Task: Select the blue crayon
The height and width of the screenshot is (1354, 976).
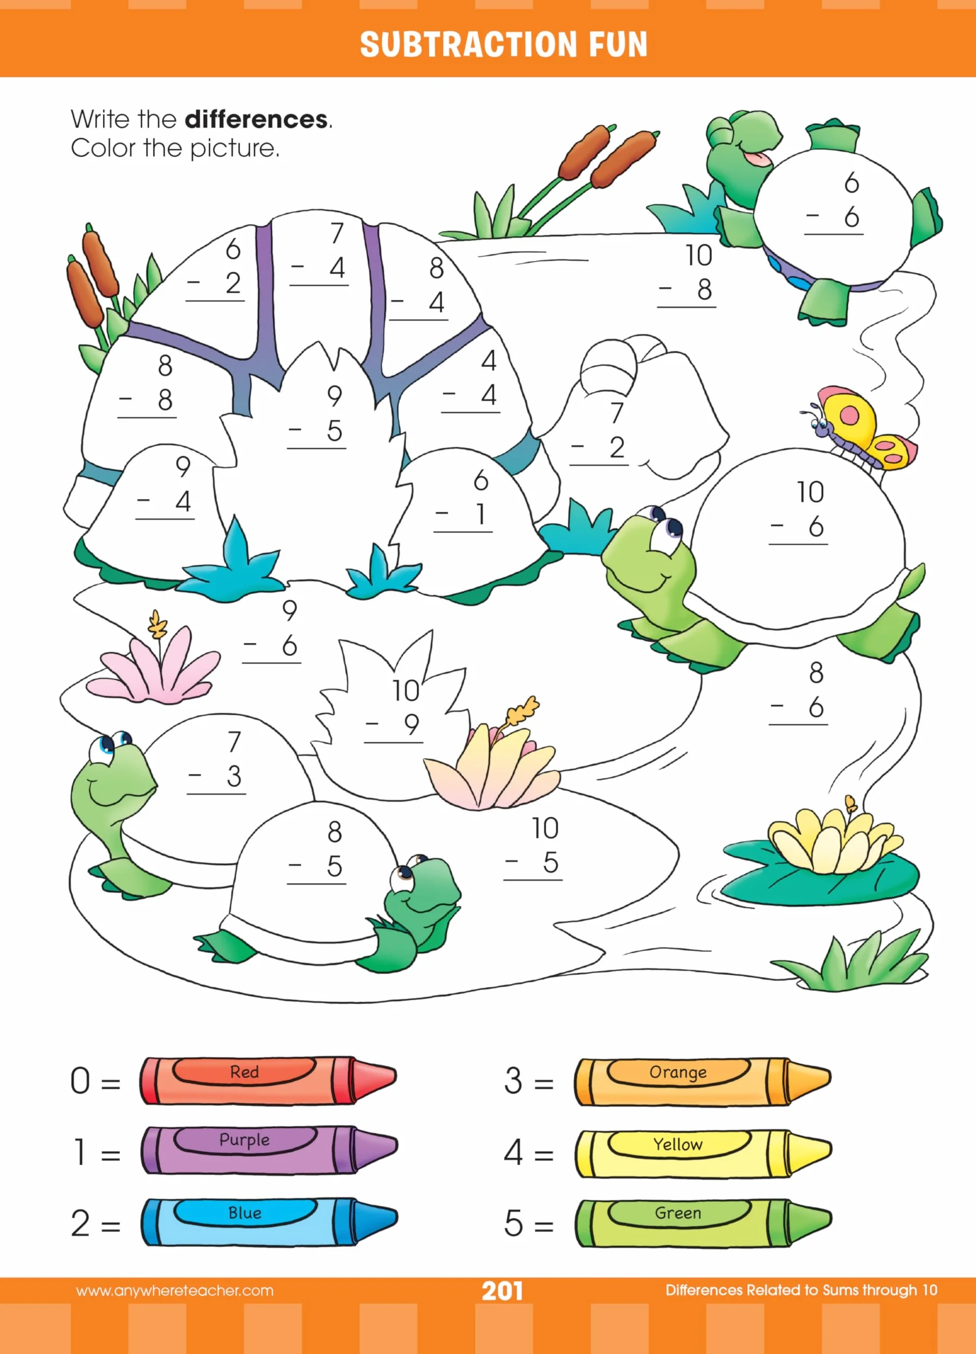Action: click(x=269, y=1221)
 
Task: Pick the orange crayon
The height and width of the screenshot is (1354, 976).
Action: click(x=703, y=1082)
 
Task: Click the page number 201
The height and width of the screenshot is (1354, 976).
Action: click(x=502, y=1291)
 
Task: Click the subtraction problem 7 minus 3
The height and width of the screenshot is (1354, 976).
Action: click(x=217, y=762)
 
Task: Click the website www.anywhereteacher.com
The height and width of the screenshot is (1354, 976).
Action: click(x=175, y=1291)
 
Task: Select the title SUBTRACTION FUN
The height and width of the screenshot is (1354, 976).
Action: click(x=503, y=44)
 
